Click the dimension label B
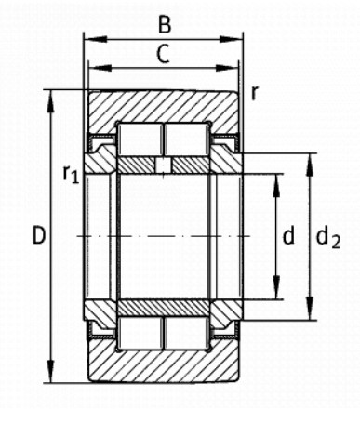click(165, 24)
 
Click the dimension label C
click(163, 53)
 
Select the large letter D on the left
click(39, 235)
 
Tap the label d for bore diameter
click(288, 236)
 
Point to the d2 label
click(328, 238)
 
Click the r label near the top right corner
click(255, 93)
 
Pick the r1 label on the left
click(71, 174)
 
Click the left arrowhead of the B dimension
click(96, 39)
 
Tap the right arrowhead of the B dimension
click(231, 39)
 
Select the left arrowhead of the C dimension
click(100, 68)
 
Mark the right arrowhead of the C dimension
click(227, 68)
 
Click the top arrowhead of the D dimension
click(50, 101)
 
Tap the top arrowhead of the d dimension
click(276, 186)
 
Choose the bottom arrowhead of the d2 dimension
click(310, 309)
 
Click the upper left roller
click(140, 139)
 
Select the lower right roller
click(186, 333)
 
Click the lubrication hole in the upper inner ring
click(163, 165)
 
